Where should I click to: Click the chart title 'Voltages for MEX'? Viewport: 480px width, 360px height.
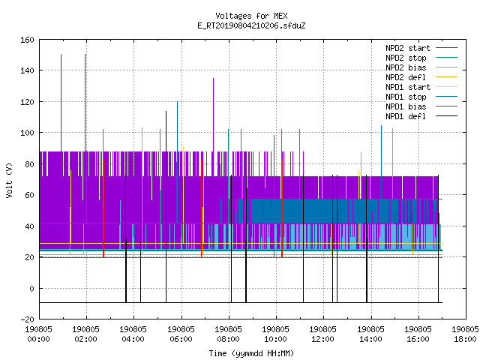[x=251, y=16]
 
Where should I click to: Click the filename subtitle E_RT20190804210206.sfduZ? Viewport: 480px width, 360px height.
[x=251, y=25]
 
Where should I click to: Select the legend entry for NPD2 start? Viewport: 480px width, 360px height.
[x=408, y=48]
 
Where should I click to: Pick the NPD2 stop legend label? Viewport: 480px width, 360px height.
[x=406, y=58]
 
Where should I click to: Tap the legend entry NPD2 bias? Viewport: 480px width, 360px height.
[x=406, y=67]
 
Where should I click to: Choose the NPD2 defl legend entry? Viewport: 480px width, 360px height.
[x=406, y=77]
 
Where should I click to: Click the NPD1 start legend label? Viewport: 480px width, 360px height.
[x=408, y=87]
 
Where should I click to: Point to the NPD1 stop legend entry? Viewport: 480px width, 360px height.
[x=406, y=97]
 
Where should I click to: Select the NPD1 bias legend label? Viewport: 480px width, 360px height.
[x=406, y=106]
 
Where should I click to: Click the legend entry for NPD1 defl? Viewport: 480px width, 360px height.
[x=406, y=117]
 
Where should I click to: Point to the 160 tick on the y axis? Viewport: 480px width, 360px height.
[x=27, y=40]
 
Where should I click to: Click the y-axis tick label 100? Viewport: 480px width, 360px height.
[x=27, y=133]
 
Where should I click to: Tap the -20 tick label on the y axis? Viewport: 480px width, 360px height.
[x=27, y=319]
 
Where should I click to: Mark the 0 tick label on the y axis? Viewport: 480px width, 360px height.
[x=31, y=288]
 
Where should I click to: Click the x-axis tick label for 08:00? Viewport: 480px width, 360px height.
[x=228, y=334]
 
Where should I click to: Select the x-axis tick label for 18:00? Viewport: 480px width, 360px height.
[x=465, y=334]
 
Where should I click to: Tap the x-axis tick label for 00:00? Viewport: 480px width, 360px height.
[x=38, y=334]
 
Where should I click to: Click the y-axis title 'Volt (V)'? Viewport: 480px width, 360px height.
[x=10, y=180]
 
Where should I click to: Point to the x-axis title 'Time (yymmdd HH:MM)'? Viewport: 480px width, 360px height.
[x=251, y=353]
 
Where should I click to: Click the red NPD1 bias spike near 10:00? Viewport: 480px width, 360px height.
[x=274, y=196]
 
